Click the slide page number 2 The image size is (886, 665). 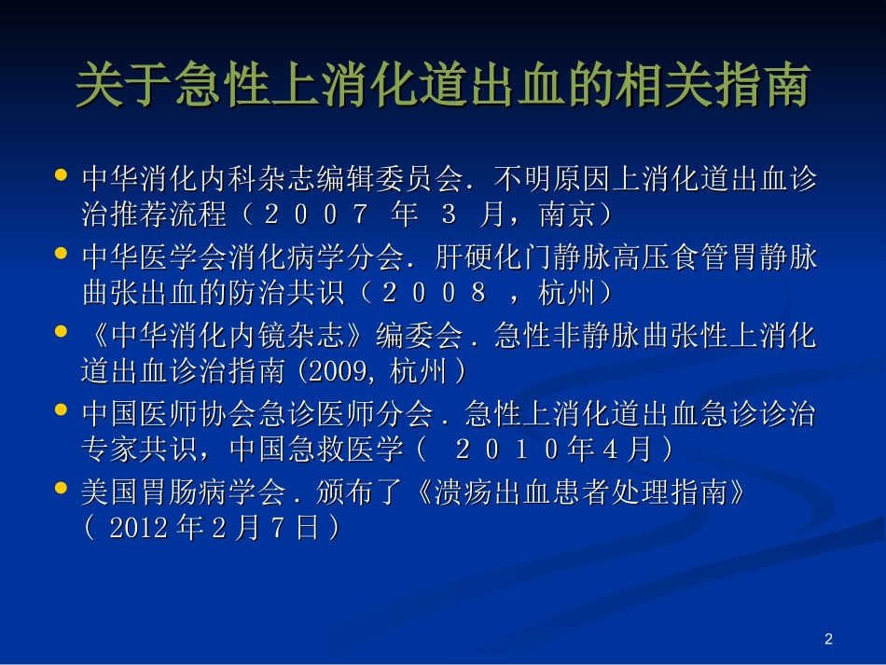828,639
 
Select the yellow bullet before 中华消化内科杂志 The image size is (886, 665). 62,174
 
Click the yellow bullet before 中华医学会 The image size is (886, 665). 62,253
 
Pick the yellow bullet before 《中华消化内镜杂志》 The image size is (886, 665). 62,331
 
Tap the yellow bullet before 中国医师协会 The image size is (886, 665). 62,409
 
